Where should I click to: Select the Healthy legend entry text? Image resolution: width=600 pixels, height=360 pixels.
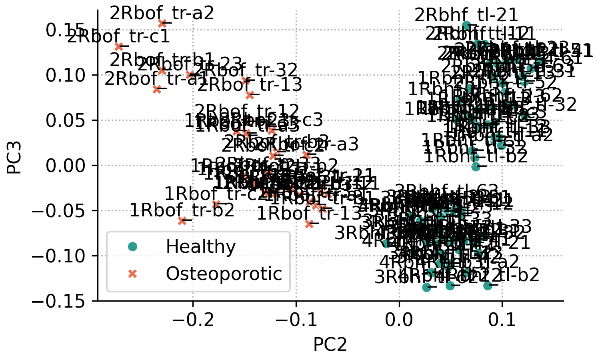click(201, 247)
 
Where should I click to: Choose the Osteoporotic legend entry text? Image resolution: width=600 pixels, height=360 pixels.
click(224, 274)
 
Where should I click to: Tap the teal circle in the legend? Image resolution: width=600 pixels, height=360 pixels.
click(132, 247)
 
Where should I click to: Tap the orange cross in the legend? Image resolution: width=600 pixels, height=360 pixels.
click(132, 274)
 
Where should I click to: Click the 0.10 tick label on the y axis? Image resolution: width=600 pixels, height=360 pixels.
click(66, 75)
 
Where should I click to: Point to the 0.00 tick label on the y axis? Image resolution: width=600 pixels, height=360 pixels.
click(66, 165)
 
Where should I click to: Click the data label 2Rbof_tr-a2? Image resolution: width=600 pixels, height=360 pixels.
click(162, 14)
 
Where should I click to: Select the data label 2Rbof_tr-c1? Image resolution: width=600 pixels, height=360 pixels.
click(118, 37)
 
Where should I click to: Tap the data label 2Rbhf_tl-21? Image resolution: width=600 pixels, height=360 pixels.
click(466, 16)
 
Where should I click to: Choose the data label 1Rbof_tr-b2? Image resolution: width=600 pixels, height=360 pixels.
click(182, 211)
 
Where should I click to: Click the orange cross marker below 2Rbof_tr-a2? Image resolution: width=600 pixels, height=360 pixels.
click(162, 24)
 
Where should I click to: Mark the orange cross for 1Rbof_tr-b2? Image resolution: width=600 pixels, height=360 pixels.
click(182, 221)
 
